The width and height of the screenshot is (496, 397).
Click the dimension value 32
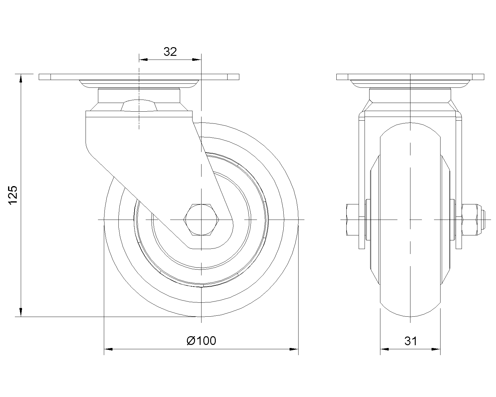(x=170, y=52)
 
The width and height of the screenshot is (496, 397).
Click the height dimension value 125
(x=13, y=195)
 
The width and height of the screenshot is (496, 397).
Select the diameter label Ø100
(x=201, y=341)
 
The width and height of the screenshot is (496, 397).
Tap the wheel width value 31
(x=410, y=341)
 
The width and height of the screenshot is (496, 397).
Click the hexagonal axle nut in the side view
(x=201, y=220)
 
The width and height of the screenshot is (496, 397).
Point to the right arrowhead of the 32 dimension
(x=197, y=60)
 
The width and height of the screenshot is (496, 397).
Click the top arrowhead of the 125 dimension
(x=21, y=78)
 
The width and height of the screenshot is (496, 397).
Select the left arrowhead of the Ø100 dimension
(x=108, y=349)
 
